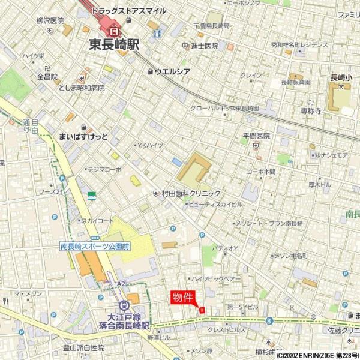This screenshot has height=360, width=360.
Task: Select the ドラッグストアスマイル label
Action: coord(128,11)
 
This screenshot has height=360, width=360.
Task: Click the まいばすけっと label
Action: coord(83,137)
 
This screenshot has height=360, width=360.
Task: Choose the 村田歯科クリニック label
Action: coord(190,193)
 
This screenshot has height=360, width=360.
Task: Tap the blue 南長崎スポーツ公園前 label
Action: coord(95,246)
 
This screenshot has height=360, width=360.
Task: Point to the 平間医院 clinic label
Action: coord(256,136)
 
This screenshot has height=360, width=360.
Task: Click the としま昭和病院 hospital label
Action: coord(82,88)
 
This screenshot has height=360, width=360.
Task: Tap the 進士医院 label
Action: coord(204,46)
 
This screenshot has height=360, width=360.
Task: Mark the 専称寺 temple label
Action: coord(311,110)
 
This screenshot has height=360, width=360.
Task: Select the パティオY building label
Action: coord(226,248)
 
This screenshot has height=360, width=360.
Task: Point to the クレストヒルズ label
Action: coord(226,330)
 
